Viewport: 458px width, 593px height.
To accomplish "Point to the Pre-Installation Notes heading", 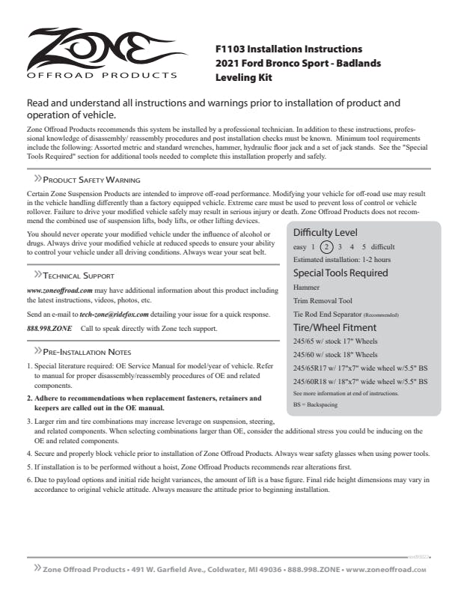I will tap(87, 351).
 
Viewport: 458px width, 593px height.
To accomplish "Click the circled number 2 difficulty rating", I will tap(326, 246).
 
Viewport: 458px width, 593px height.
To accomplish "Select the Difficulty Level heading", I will tap(325, 232).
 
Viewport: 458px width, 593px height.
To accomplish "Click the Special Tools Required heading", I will tap(341, 273).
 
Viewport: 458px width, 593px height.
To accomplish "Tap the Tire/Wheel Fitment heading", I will tap(335, 327).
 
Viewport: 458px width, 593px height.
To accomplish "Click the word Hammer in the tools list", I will tap(307, 287).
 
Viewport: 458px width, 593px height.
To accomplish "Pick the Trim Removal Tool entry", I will tap(323, 300).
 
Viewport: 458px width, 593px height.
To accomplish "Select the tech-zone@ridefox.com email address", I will tap(114, 315).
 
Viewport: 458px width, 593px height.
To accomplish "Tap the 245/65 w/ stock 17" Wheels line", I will tap(335, 341).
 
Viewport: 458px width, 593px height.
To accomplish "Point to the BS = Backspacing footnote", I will tap(315, 404).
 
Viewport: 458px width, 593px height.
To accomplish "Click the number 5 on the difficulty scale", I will tap(364, 246).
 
